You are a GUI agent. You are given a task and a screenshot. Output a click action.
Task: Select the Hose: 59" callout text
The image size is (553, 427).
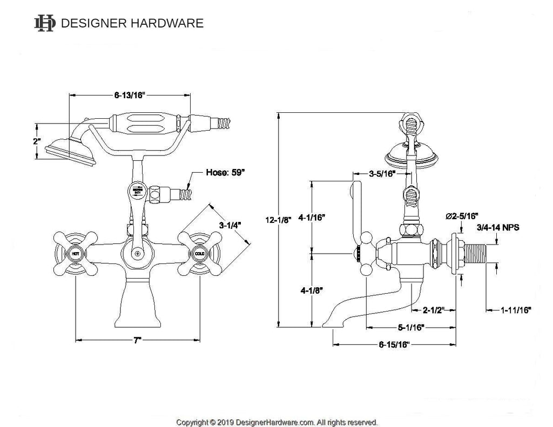225,173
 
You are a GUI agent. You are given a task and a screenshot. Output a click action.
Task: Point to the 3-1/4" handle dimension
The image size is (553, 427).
230,224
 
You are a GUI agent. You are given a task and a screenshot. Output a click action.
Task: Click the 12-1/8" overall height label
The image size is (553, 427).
278,220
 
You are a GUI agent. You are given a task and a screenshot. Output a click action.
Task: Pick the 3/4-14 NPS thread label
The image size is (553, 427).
497,228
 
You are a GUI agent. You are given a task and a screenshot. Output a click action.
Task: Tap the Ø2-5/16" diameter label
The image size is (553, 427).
461,216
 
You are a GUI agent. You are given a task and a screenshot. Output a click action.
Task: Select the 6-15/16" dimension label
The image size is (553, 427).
394,344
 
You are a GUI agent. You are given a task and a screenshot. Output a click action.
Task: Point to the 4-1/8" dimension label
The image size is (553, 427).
312,290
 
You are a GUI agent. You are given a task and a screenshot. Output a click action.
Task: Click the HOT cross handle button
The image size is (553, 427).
75,253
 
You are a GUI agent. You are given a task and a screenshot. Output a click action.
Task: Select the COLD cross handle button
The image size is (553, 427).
199,253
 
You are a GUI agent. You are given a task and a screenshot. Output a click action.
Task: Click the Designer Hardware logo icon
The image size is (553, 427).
45,23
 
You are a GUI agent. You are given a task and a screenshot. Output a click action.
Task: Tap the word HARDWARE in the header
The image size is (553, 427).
168,23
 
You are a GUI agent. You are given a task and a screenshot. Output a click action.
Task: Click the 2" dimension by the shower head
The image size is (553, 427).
36,141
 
